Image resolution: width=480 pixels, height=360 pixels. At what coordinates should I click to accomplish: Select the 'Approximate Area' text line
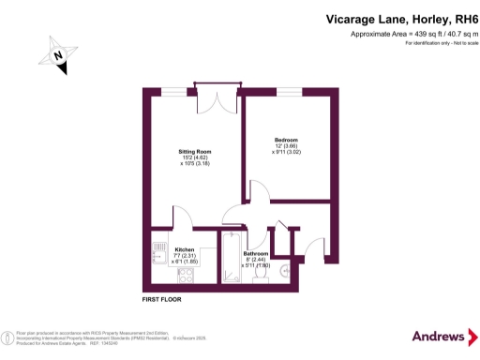click(x=409, y=34)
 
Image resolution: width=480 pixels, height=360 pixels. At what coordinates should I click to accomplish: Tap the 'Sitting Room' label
click(x=195, y=151)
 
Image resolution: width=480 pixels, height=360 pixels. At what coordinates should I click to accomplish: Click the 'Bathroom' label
click(x=256, y=253)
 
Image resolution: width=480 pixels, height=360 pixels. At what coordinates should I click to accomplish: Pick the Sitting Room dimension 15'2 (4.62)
click(x=195, y=158)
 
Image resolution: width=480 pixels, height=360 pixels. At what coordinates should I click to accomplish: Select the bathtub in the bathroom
click(x=230, y=264)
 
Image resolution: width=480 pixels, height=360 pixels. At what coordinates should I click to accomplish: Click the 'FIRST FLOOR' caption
click(x=162, y=299)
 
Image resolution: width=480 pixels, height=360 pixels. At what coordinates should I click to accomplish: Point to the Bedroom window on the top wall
click(x=290, y=90)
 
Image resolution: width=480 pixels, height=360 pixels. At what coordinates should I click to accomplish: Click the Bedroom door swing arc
click(x=259, y=192)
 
